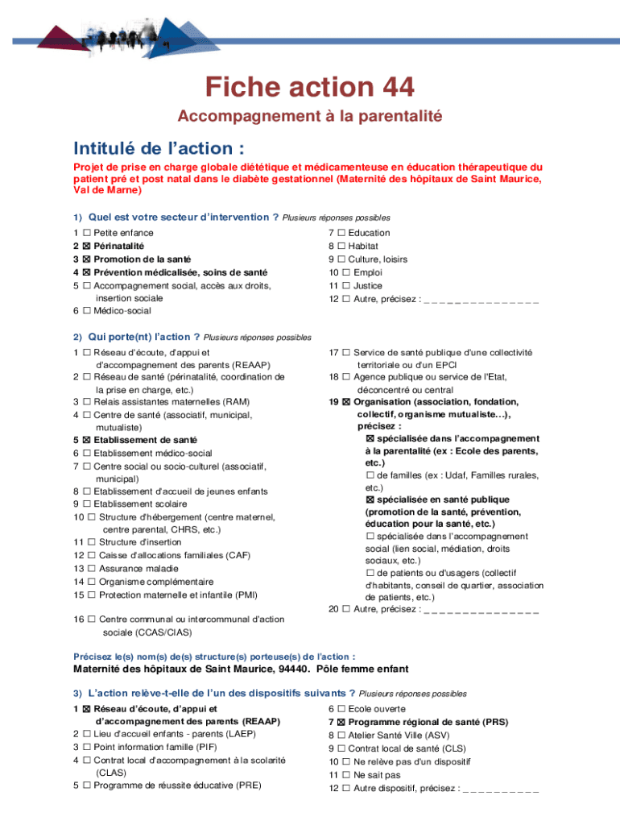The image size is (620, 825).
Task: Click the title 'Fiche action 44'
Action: click(310, 87)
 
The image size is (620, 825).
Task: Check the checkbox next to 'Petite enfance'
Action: click(86, 233)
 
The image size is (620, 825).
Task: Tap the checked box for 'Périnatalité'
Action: click(86, 246)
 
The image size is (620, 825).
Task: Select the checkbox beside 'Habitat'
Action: click(341, 246)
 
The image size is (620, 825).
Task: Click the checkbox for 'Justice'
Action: click(346, 285)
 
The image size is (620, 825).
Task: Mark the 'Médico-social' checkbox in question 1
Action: click(86, 311)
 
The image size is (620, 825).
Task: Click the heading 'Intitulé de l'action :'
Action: click(159, 149)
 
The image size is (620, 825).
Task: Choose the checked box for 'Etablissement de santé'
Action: click(86, 440)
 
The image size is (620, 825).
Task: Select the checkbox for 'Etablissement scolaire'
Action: click(86, 504)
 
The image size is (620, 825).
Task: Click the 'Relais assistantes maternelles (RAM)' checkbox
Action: click(86, 401)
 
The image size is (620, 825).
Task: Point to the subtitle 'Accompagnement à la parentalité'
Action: click(310, 117)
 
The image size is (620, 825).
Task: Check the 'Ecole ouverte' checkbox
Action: click(341, 709)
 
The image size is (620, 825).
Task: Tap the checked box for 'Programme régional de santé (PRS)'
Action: click(341, 723)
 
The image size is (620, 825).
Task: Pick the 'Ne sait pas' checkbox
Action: click(346, 775)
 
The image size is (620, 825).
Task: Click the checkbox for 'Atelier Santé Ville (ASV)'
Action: click(341, 736)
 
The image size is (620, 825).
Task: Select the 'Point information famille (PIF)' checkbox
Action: click(86, 748)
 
